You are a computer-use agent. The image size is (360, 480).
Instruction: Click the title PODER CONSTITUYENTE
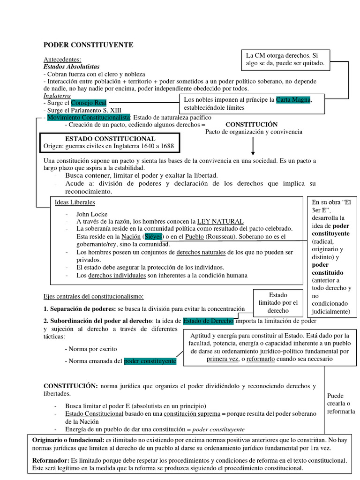pyautogui.click(x=88, y=45)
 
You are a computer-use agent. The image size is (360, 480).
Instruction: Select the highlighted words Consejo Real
pyautogui.click(x=89, y=103)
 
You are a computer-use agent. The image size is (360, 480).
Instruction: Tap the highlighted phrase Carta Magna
pyautogui.click(x=293, y=100)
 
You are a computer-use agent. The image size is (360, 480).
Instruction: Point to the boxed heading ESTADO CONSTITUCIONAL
pyautogui.click(x=110, y=139)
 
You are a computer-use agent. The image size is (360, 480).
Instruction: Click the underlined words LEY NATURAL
pyautogui.click(x=220, y=221)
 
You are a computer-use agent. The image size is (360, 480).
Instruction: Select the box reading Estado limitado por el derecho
pyautogui.click(x=278, y=303)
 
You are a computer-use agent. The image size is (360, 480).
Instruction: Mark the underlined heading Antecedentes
pyautogui.click(x=62, y=60)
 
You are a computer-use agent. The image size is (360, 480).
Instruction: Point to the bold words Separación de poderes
pyautogui.click(x=83, y=309)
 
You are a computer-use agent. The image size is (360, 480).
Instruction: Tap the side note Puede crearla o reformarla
pyautogui.click(x=341, y=404)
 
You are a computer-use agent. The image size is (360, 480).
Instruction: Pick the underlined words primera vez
pyautogui.click(x=222, y=359)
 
